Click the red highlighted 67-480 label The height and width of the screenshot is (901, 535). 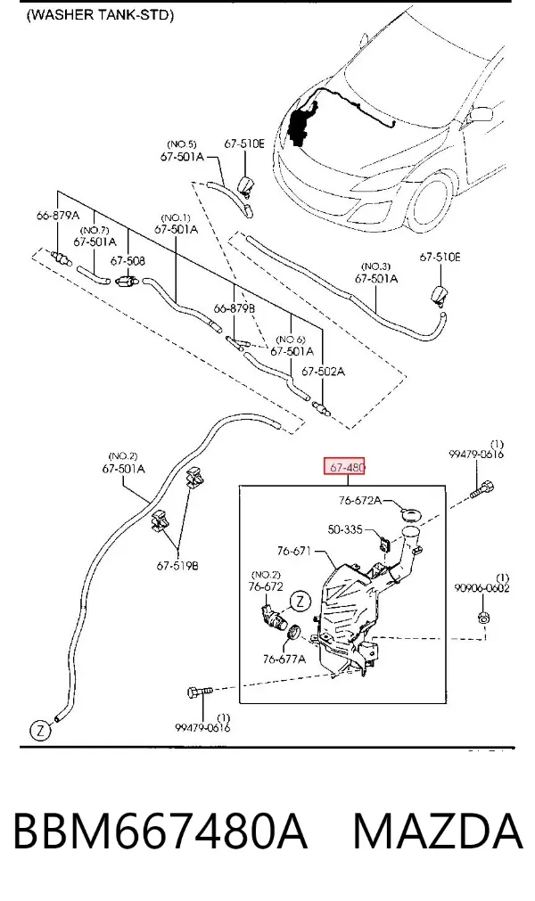pyautogui.click(x=345, y=467)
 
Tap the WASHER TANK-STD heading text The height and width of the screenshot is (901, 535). pyautogui.click(x=100, y=15)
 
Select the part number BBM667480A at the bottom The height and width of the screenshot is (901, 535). pyautogui.click(x=160, y=832)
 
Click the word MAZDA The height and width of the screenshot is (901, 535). pyautogui.click(x=438, y=832)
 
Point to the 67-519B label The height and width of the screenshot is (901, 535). pyautogui.click(x=177, y=566)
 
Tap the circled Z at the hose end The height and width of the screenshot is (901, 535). pyautogui.click(x=40, y=731)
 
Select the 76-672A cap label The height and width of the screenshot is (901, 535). pyautogui.click(x=359, y=501)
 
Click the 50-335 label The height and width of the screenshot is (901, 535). pyautogui.click(x=345, y=529)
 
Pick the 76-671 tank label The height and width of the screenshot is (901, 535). pyautogui.click(x=293, y=551)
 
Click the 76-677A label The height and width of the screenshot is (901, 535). pyautogui.click(x=284, y=659)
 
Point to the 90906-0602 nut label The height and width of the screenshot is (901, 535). pyautogui.click(x=481, y=588)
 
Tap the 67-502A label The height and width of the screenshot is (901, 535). pyautogui.click(x=324, y=372)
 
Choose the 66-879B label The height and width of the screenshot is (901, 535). pyautogui.click(x=235, y=308)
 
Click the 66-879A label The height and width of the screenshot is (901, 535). pyautogui.click(x=57, y=216)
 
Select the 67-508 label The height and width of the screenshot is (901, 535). pyautogui.click(x=128, y=261)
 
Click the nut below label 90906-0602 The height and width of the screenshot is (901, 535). pyautogui.click(x=483, y=618)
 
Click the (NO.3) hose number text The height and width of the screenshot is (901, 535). pyautogui.click(x=375, y=266)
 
